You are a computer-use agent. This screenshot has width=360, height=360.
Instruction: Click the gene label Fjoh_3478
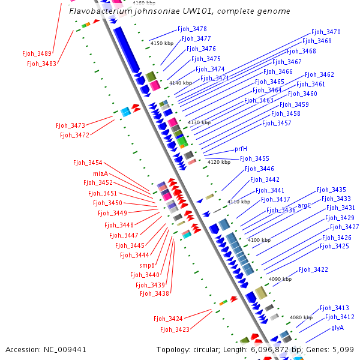[x=192, y=29]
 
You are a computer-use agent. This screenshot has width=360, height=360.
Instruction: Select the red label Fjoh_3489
[x=37, y=53]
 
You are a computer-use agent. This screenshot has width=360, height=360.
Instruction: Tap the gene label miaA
[x=101, y=173]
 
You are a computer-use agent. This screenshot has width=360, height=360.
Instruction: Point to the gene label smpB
[x=147, y=265]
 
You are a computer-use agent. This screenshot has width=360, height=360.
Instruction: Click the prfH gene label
[x=241, y=149]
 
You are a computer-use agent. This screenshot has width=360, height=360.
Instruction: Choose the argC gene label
[x=304, y=205]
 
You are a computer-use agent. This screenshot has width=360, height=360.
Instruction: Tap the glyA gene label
[x=337, y=328]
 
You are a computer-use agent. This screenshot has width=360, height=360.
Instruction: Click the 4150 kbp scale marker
[x=162, y=43]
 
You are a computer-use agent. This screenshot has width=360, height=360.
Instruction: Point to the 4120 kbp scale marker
[x=219, y=162]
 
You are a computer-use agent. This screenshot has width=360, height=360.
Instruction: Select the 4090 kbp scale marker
[x=280, y=279]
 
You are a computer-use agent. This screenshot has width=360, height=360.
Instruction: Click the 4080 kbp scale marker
[x=301, y=317]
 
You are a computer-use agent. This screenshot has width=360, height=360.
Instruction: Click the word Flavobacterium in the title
[x=101, y=11]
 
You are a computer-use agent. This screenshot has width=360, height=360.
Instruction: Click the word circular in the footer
[x=206, y=350]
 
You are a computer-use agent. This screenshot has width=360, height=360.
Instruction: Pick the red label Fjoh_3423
[x=175, y=329]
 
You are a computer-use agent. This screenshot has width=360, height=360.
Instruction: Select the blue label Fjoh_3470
[x=326, y=32]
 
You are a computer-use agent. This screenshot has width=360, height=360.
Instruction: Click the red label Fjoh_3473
[x=70, y=125]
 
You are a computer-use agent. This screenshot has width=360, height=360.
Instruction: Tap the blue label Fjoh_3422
[x=313, y=269]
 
